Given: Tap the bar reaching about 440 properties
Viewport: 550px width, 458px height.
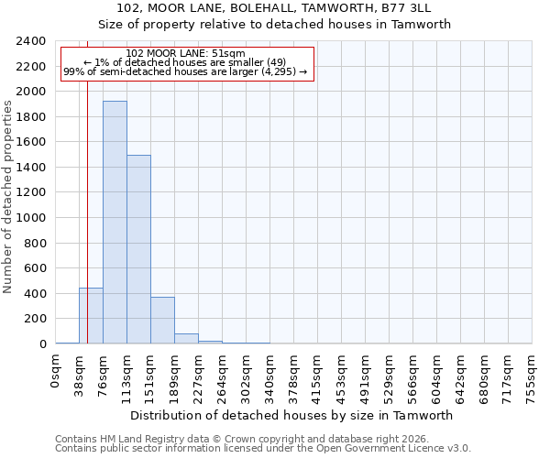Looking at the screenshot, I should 91,316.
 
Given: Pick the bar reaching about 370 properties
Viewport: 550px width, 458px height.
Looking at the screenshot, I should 162,321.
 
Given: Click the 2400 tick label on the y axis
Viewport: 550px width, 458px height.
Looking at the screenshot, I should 31,42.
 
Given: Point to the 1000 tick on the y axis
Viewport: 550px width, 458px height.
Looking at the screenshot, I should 31,218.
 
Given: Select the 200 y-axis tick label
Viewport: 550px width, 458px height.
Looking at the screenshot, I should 35,319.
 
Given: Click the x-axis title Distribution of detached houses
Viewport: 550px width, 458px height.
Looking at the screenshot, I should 293,416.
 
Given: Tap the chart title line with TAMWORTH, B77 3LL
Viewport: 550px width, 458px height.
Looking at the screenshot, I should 275,8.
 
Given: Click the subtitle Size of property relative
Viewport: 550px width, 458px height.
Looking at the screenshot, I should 275,25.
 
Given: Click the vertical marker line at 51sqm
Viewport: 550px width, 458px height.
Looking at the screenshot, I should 87,183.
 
